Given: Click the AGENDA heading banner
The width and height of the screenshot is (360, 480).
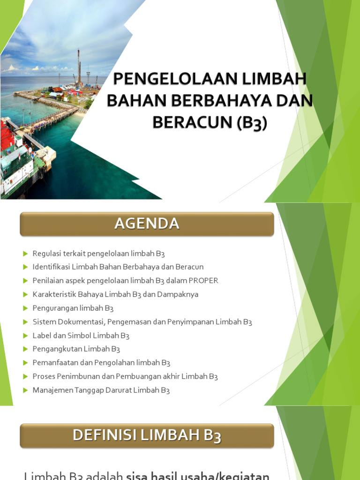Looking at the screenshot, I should click(x=147, y=224).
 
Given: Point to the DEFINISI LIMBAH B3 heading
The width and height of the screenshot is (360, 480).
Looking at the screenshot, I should click(x=147, y=436).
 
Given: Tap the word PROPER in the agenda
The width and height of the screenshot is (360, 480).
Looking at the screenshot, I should click(x=203, y=281).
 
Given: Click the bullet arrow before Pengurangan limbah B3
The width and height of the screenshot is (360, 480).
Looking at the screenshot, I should click(x=25, y=308).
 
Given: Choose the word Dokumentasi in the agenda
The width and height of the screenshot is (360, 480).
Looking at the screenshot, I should click(x=80, y=322).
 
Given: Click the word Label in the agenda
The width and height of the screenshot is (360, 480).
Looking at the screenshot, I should click(x=41, y=336).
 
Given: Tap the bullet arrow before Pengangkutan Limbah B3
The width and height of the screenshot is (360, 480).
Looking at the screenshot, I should click(x=25, y=349).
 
